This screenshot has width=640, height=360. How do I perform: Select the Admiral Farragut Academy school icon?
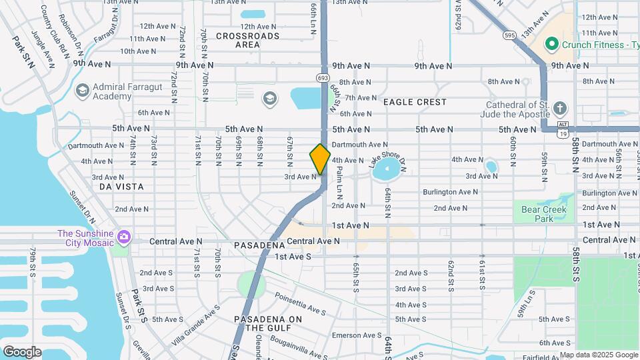coord(83,91)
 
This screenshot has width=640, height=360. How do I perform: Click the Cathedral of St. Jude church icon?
coord(560,109)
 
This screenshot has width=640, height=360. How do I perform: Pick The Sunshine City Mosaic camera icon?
coord(123,238)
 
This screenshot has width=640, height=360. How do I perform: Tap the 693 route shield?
coord(323,78)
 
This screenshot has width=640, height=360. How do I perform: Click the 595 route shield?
coord(509,35)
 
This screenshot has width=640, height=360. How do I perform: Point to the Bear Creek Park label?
coord(543,214)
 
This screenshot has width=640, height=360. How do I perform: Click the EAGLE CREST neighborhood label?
coord(415,102)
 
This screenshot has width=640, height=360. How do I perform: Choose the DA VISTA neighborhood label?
coord(121,187)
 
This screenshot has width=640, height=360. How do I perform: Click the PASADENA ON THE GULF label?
coord(268,323)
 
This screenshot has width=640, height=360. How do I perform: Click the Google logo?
coord(22,351)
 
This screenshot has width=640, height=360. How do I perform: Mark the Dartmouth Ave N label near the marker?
coord(359,144)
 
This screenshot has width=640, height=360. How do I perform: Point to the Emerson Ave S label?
coord(356,335)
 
